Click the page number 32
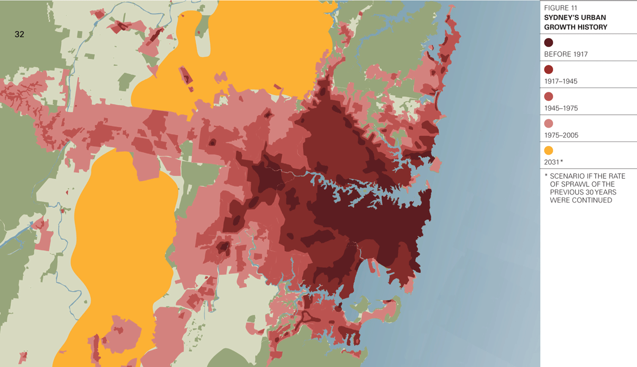(19, 35)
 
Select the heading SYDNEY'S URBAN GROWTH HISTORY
(576, 22)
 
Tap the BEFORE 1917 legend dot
(549, 43)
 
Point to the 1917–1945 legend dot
(549, 70)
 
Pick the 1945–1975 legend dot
(549, 97)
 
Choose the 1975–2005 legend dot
(549, 124)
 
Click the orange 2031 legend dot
(549, 151)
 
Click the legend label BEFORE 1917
(566, 54)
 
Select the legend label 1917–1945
(561, 81)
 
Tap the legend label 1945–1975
(561, 108)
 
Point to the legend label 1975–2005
(561, 135)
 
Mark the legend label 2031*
(553, 162)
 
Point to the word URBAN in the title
(593, 18)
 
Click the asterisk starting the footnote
(546, 176)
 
